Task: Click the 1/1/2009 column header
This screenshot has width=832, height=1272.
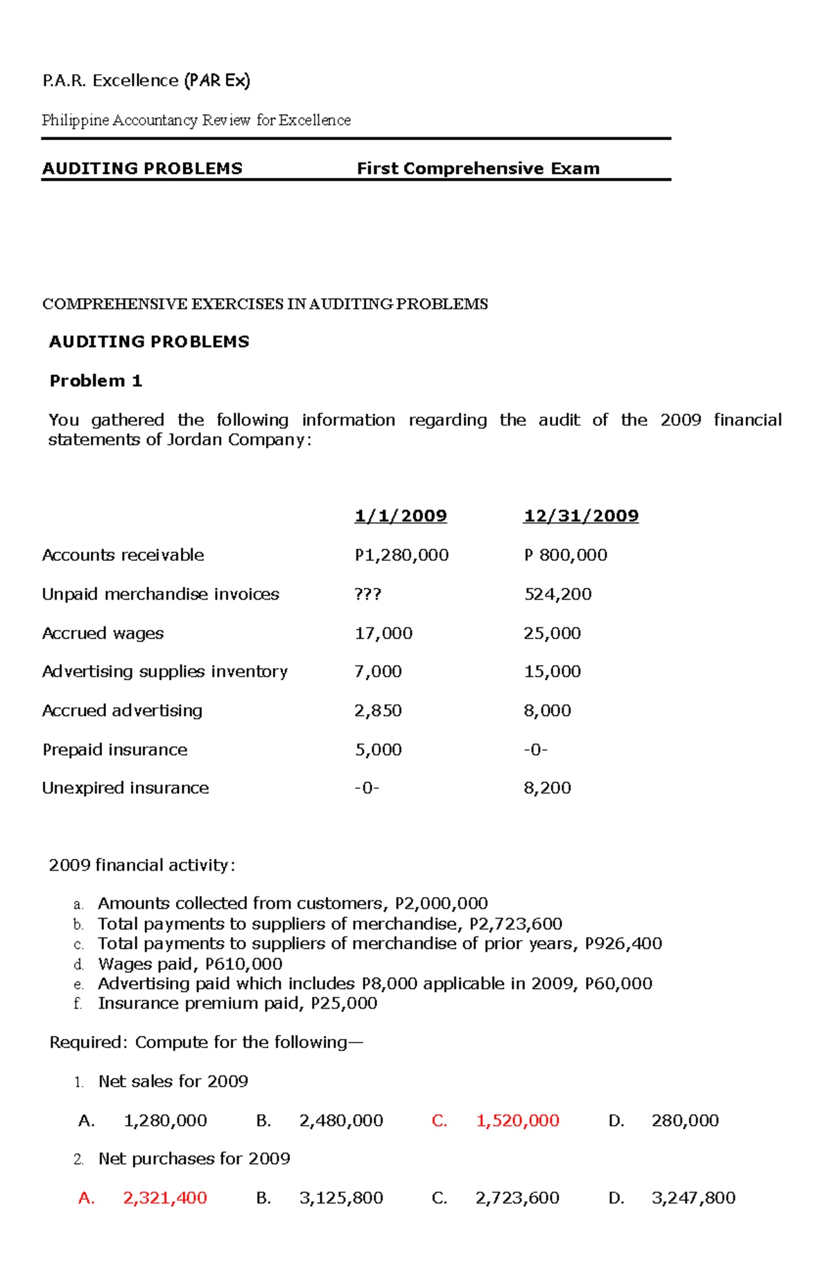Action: [x=400, y=516]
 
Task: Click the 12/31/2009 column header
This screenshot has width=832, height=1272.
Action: [x=580, y=516]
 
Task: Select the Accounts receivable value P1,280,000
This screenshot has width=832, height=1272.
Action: [x=401, y=555]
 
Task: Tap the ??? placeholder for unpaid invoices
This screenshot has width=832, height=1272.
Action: [x=367, y=595]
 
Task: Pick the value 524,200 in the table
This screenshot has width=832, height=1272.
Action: [x=557, y=594]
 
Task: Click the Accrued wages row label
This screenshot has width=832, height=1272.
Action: [x=103, y=634]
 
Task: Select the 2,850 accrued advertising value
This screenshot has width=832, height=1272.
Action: [x=378, y=711]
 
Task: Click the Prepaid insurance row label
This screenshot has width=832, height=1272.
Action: [x=114, y=750]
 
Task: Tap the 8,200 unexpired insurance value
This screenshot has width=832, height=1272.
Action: [x=547, y=788]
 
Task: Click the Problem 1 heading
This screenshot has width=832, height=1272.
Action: [x=96, y=381]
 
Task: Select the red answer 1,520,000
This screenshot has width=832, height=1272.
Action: [x=517, y=1121]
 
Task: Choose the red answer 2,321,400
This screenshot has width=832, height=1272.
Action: [x=165, y=1198]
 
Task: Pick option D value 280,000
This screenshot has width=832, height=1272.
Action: [x=685, y=1121]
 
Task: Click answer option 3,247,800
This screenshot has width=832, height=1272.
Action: [x=693, y=1198]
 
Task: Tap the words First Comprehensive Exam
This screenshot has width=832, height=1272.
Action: [x=478, y=168]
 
